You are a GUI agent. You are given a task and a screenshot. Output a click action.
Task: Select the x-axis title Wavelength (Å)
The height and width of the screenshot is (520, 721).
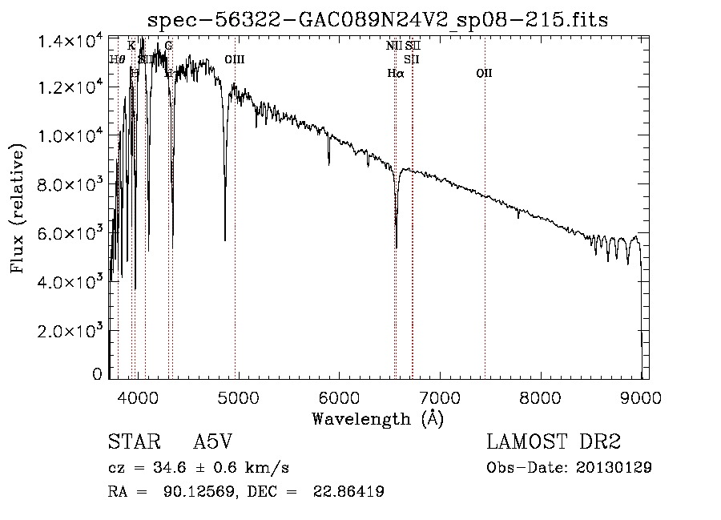click(x=377, y=417)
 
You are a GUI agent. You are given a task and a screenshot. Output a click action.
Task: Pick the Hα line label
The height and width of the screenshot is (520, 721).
click(x=395, y=73)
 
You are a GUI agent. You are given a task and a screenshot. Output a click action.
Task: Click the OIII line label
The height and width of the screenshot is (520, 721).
click(x=234, y=60)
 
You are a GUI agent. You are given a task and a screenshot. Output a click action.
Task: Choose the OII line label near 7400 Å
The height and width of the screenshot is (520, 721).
click(x=484, y=73)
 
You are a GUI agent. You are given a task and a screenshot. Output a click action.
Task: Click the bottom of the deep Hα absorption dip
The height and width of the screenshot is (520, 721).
click(x=396, y=247)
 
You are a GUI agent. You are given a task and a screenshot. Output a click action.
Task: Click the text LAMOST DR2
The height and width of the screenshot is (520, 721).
click(x=554, y=441)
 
